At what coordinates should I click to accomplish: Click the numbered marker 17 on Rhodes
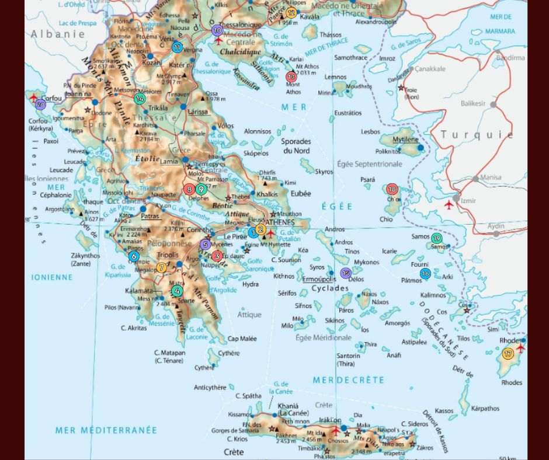click(508, 354)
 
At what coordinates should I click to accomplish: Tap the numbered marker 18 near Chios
click(392, 189)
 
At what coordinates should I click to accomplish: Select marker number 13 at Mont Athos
click(291, 77)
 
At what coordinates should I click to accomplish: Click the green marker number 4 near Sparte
click(176, 291)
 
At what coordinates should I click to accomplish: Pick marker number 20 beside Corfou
click(40, 105)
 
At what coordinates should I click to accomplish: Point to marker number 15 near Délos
click(346, 273)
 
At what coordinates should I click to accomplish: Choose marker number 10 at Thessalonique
click(217, 30)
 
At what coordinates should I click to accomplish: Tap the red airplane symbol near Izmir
click(449, 205)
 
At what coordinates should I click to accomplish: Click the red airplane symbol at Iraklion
click(336, 431)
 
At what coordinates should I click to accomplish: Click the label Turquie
click(477, 135)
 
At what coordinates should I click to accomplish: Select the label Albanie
click(58, 34)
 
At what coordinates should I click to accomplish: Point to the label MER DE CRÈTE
click(348, 380)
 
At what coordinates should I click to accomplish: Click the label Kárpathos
click(485, 409)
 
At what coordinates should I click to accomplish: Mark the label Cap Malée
click(242, 339)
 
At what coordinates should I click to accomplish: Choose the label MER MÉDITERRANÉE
click(106, 430)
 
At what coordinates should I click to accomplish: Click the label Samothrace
click(350, 58)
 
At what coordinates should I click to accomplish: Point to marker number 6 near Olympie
click(134, 256)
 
